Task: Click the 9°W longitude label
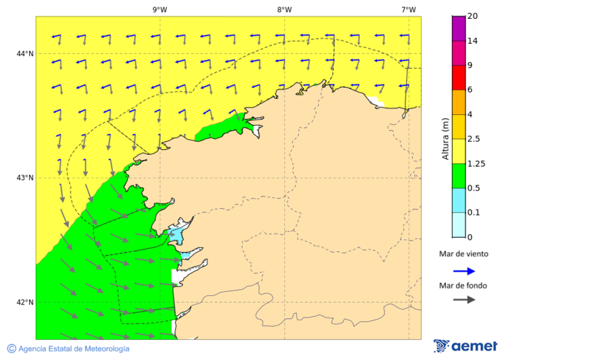pos(160,9)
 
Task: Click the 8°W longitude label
pos(284,9)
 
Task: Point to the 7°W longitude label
pos(408,9)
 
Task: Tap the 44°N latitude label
pos(25,53)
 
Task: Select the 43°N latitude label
pos(25,178)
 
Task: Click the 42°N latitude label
pos(25,302)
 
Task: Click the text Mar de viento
pos(463,255)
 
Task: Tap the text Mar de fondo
pos(463,286)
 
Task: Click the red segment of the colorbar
pos(459,78)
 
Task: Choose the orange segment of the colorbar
pos(459,102)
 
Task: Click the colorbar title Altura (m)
pos(445,138)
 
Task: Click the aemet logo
pos(465,346)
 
